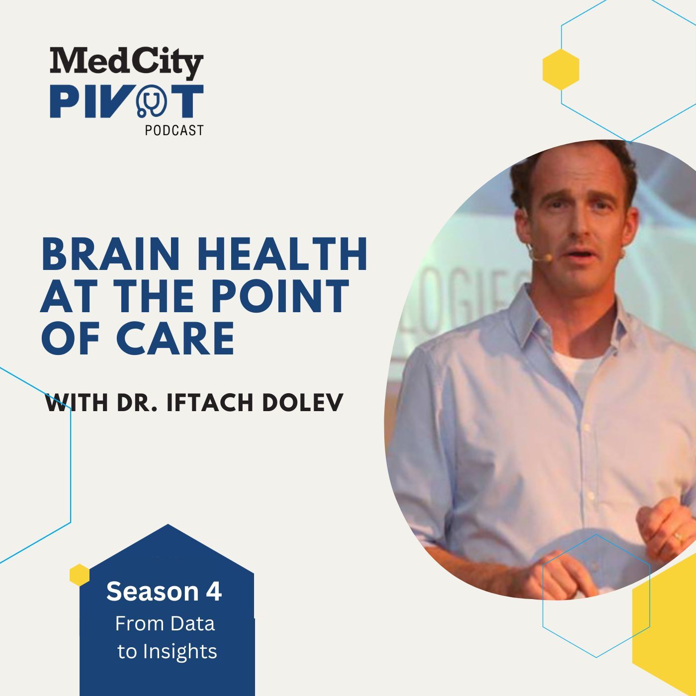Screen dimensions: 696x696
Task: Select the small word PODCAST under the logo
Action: pyautogui.click(x=174, y=130)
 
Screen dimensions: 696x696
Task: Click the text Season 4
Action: pyautogui.click(x=164, y=592)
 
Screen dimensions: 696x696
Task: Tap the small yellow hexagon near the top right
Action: pyautogui.click(x=561, y=69)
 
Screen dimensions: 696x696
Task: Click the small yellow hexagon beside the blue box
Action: pyautogui.click(x=80, y=575)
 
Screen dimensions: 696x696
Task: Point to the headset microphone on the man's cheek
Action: pyautogui.click(x=547, y=258)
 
